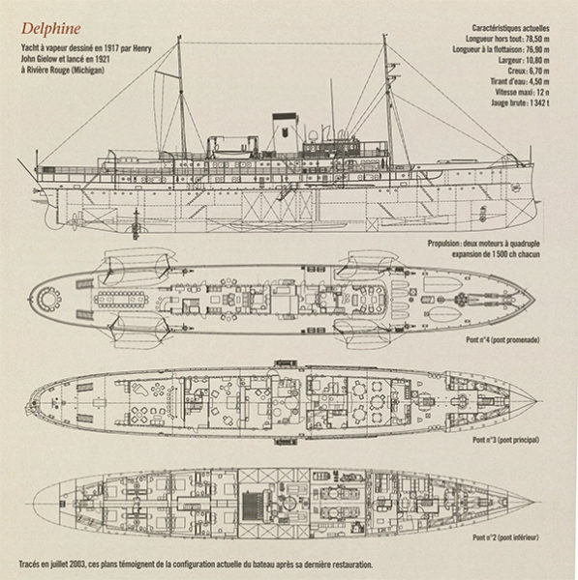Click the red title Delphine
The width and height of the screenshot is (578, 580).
(50, 29)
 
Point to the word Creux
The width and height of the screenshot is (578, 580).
(516, 71)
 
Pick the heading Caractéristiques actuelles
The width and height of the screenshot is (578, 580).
(510, 28)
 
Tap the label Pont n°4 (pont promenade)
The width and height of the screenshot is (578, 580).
(502, 340)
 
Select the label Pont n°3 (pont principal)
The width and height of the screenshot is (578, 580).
(505, 440)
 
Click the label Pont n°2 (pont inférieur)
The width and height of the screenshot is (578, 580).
(505, 537)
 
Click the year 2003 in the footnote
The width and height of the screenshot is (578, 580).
(78, 565)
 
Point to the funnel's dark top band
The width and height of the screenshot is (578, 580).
(285, 117)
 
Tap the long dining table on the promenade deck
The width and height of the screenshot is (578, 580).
(121, 299)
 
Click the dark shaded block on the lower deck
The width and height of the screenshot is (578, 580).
(252, 506)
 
